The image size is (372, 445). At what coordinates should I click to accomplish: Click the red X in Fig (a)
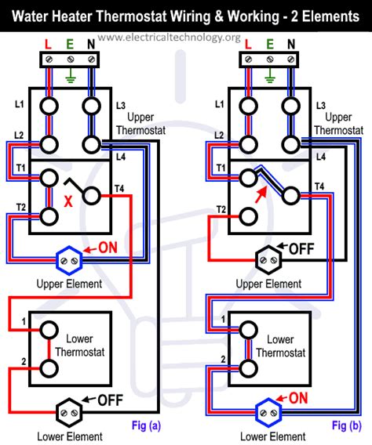click(68, 201)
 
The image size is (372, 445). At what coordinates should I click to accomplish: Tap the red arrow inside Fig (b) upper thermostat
click(261, 194)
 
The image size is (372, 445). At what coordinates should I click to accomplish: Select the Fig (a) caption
click(146, 425)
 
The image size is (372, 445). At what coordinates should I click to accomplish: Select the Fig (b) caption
click(347, 425)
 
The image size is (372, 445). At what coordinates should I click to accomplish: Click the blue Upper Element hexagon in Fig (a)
click(69, 260)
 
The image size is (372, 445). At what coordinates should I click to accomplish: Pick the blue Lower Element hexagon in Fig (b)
click(268, 412)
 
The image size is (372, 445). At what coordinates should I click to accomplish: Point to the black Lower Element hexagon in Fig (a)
click(69, 412)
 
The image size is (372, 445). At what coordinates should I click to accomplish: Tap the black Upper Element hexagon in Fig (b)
click(268, 260)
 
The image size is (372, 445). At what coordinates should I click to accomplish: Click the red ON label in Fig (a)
click(108, 248)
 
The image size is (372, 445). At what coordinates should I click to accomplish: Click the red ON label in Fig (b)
click(298, 398)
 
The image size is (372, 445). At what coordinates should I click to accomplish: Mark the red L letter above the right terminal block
click(248, 45)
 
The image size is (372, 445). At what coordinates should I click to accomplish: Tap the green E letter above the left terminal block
click(70, 45)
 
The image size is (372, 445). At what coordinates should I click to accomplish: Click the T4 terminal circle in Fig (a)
click(92, 196)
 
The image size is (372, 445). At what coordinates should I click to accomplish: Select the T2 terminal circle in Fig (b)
click(248, 216)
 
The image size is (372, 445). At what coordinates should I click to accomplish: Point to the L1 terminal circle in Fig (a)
click(49, 106)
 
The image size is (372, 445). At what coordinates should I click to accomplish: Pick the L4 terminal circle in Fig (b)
click(290, 145)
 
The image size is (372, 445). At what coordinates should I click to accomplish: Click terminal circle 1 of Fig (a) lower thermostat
click(49, 330)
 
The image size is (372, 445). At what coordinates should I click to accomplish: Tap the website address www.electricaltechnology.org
click(169, 38)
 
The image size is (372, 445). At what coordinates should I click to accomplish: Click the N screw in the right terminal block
click(290, 60)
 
